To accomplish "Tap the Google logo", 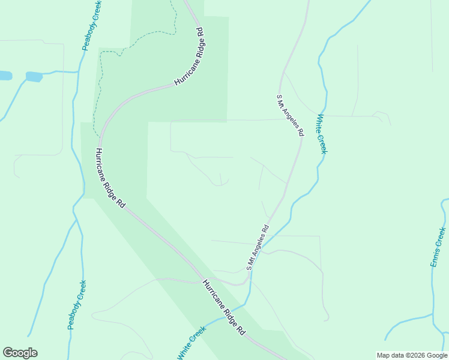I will (x=20, y=353).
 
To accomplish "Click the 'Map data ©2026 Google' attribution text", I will (x=411, y=355).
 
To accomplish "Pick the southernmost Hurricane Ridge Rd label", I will (x=224, y=307).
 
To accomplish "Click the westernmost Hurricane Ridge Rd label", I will (x=110, y=178).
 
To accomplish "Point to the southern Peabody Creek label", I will (x=76, y=305).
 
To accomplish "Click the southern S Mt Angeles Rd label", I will (x=257, y=247).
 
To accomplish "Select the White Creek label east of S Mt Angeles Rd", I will (x=321, y=134).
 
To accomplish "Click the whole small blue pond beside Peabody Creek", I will (x=34, y=77).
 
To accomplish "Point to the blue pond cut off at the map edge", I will (x=5, y=76).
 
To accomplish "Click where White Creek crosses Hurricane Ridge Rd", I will (x=233, y=317).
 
